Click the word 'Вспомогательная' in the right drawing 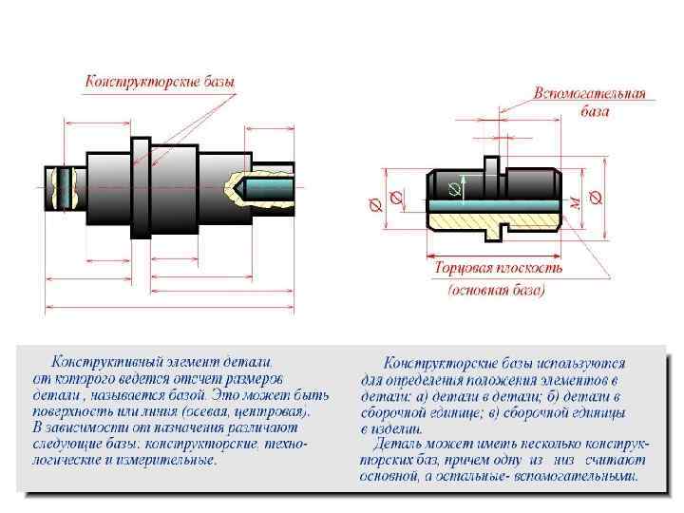point(590,94)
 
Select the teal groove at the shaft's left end point(64,188)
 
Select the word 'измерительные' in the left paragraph point(175,460)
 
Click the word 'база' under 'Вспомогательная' point(595,112)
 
